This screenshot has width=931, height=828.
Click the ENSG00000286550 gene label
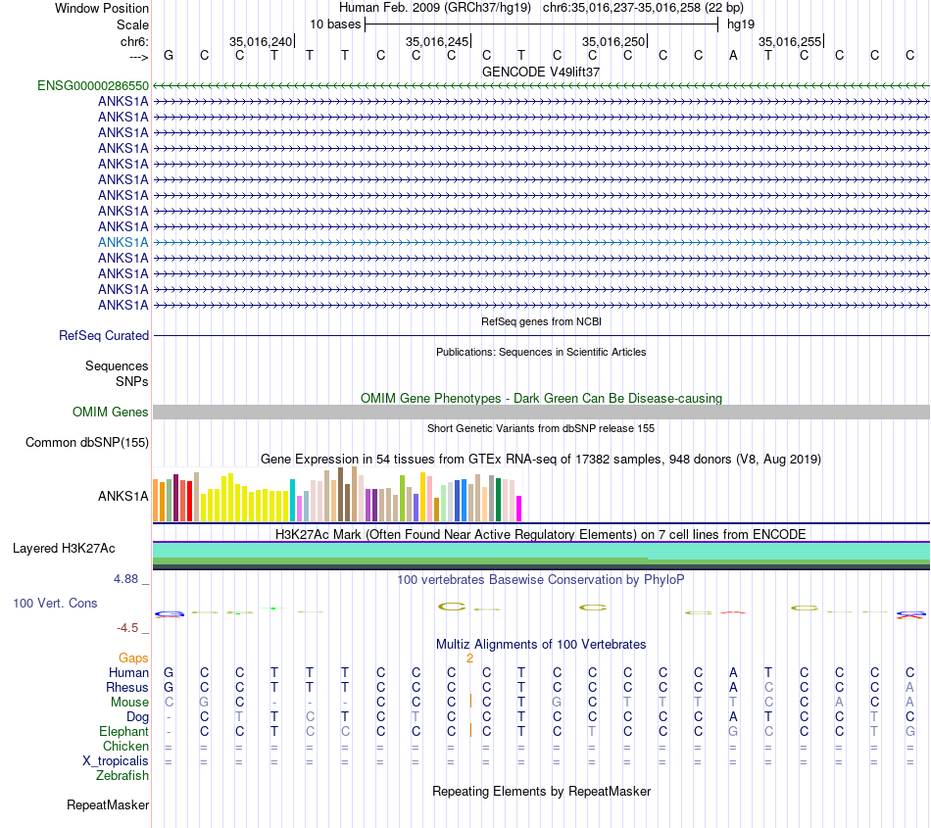click(x=93, y=86)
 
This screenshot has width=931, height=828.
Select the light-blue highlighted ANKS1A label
click(x=123, y=242)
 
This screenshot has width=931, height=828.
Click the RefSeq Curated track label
click(x=104, y=335)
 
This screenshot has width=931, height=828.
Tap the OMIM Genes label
click(x=111, y=412)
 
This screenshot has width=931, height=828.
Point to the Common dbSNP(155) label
click(x=87, y=442)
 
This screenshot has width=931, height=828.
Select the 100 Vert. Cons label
click(x=55, y=603)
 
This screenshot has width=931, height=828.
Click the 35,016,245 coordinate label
click(x=436, y=42)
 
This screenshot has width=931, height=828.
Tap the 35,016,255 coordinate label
click(x=789, y=42)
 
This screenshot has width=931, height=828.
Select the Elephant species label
click(x=123, y=731)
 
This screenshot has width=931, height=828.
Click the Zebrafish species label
click(x=122, y=775)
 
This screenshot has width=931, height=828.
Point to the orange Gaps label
click(x=133, y=658)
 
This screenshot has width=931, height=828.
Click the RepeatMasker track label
click(x=108, y=805)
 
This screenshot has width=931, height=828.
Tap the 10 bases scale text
click(x=335, y=24)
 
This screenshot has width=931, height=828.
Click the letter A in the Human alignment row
click(x=733, y=672)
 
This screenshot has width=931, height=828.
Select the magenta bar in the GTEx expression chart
click(x=519, y=508)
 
